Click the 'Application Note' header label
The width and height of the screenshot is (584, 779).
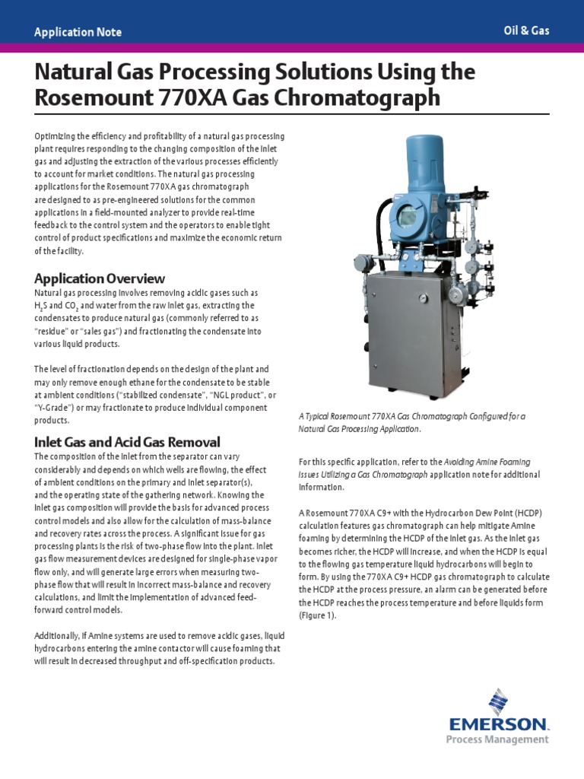pos(78,32)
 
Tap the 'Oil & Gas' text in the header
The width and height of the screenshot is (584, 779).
pos(526,30)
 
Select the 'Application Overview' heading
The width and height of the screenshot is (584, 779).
pos(100,278)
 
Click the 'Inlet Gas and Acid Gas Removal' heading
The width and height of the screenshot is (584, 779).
pos(127,442)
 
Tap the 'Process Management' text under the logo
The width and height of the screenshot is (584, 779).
pos(507,739)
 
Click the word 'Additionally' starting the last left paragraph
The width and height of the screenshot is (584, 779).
pos(58,636)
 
